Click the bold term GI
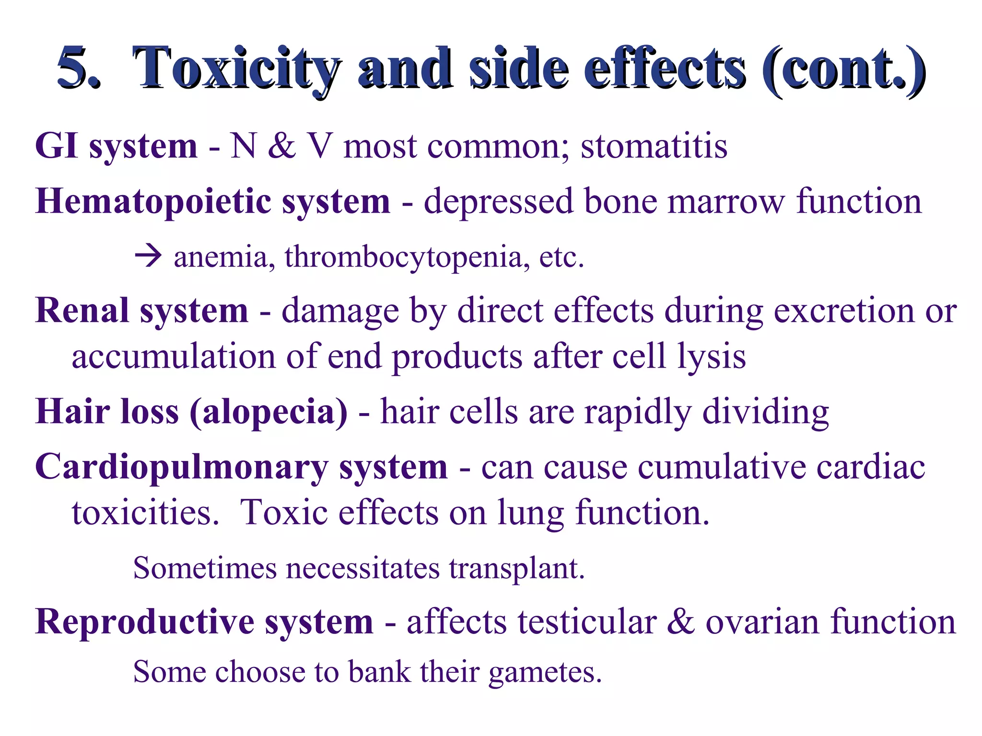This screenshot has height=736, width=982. pos(56,146)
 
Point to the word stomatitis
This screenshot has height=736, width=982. pos(654,146)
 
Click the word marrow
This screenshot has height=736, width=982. pos(726,201)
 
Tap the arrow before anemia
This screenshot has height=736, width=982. pos(148,256)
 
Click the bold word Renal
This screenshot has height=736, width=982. pos(82,310)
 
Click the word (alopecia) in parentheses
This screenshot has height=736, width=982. pos(269,412)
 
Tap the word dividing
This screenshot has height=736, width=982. pos(765,412)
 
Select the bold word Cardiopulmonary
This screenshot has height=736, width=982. pos(182,468)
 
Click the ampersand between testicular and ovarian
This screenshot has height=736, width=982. pos(681,622)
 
